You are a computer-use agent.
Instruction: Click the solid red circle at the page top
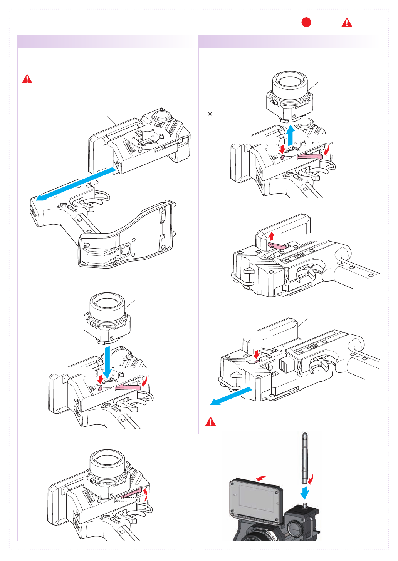point(306,22)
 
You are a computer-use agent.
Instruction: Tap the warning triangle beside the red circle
point(347,22)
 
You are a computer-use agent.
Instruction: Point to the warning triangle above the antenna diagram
point(210,421)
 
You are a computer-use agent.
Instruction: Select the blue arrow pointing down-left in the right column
point(231,396)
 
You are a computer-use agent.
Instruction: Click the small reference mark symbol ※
point(210,114)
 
